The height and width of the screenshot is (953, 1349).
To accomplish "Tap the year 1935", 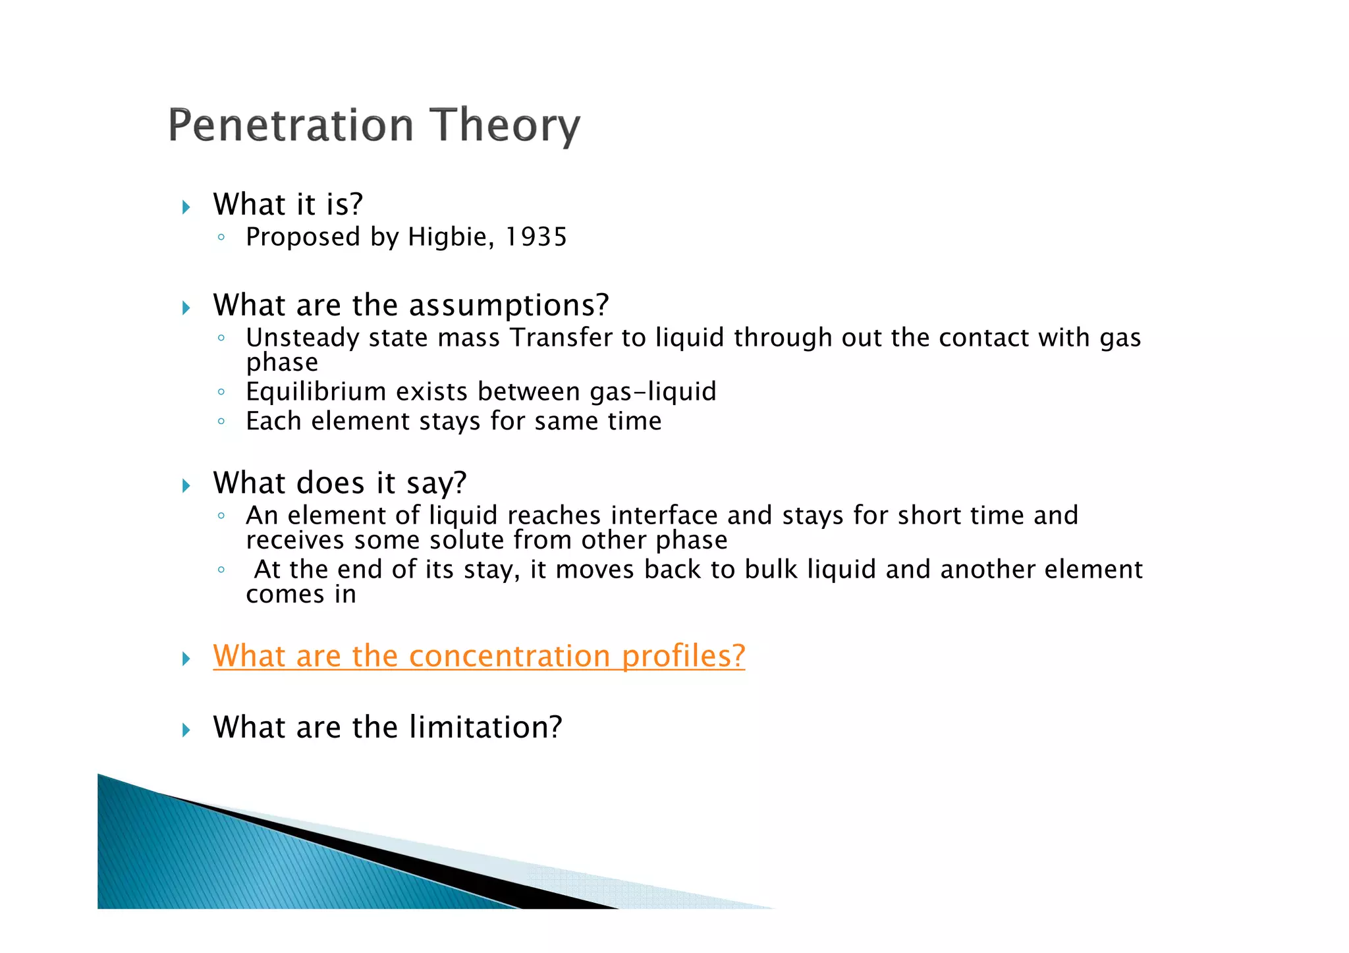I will (536, 237).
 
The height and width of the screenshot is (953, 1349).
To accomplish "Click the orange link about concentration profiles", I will (479, 656).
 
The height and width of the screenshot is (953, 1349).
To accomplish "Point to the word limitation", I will (485, 727).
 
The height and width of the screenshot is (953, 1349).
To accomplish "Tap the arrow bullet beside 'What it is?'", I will (186, 207).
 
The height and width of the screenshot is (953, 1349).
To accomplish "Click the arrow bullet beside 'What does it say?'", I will (186, 486).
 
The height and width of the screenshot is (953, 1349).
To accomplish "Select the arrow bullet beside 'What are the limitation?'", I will (186, 730).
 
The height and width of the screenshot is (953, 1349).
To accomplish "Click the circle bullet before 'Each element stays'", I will (221, 422).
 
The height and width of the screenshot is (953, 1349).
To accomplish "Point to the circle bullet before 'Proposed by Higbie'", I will (221, 237).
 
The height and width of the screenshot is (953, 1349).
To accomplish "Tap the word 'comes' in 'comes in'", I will (285, 595).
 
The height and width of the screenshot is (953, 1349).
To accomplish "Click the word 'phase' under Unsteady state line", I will (282, 363).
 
